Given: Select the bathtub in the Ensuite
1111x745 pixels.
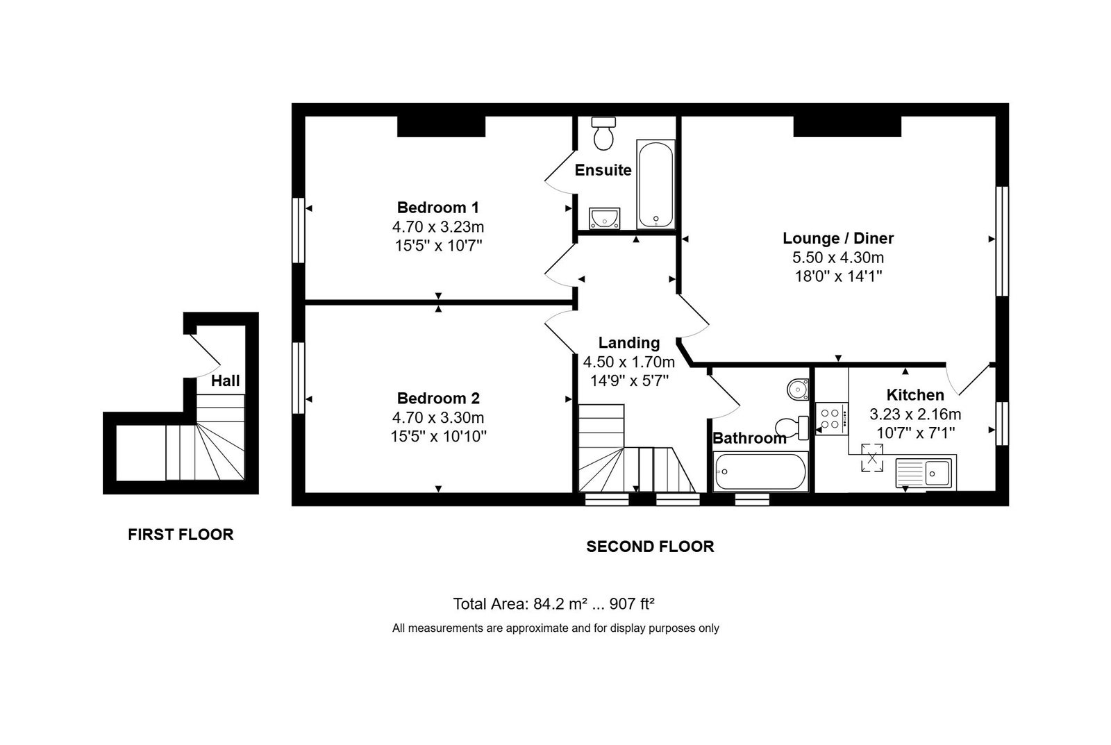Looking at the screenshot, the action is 655,184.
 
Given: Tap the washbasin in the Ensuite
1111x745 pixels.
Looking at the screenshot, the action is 604,218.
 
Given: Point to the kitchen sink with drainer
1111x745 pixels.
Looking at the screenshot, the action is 926,472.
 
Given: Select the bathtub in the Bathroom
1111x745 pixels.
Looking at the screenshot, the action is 760,471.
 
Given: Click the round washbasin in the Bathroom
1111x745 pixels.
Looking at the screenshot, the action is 798,390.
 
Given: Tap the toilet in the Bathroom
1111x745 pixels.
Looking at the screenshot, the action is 792,428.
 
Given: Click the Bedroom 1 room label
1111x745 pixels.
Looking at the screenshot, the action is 438,208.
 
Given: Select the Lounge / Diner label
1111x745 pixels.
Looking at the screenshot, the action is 838,238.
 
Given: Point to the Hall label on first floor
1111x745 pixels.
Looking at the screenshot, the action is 225,381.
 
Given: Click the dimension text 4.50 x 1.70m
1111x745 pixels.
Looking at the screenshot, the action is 629,362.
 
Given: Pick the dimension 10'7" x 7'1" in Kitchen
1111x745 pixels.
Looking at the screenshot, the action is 916,433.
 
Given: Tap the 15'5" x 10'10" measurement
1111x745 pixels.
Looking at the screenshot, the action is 438,437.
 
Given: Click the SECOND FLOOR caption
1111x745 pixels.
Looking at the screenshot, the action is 650,546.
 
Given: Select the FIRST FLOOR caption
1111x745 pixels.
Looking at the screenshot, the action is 181,535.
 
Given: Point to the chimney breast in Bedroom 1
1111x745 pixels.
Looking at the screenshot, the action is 441,126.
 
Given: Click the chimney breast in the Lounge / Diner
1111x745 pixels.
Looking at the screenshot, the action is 847,126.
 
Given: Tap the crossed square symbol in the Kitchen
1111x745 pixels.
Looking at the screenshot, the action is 872,458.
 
